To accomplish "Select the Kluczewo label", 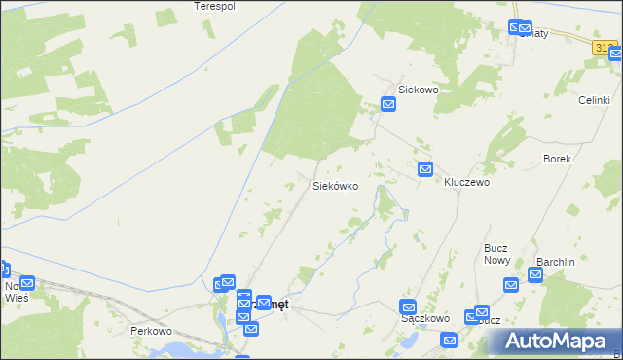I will click(466, 182).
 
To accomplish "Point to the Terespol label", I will click(215, 6).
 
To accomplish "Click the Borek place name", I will click(557, 158).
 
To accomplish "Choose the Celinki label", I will click(593, 100).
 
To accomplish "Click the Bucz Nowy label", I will click(496, 254).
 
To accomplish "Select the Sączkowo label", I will click(424, 318).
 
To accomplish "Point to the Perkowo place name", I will click(151, 331).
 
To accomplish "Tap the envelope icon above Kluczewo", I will click(425, 169).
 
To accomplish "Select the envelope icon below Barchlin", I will click(534, 276).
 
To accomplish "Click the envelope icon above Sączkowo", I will click(409, 306).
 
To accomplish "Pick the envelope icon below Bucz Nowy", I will click(512, 285).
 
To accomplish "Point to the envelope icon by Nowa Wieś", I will click(26, 283).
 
